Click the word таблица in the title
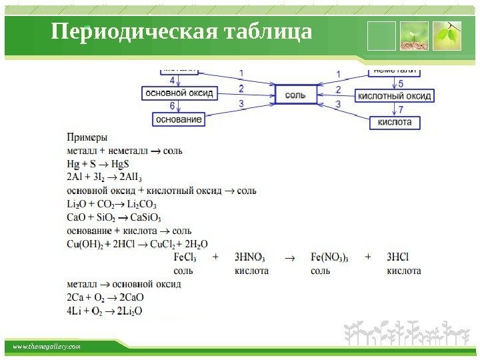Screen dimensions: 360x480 tap(269, 32)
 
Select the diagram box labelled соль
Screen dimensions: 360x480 tap(295, 95)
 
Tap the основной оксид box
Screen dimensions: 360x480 tap(179, 93)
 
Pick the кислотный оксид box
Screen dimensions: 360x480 tap(395, 96)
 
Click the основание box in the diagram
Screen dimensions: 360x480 tap(178, 119)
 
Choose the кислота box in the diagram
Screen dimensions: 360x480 tap(395, 122)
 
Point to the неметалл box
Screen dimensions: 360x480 tap(395, 70)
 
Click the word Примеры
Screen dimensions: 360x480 tap(87, 138)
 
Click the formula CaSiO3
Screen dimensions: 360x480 tap(145, 217)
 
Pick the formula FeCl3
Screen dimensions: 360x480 tap(184, 257)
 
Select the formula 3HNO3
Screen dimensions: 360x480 tap(250, 257)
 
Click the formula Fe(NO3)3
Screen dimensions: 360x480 tap(329, 257)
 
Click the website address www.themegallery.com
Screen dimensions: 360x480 tap(47, 347)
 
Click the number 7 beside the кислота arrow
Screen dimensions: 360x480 tap(401, 109)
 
